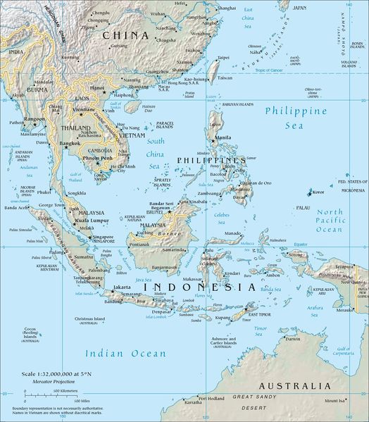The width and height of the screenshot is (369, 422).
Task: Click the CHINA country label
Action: click(126, 35)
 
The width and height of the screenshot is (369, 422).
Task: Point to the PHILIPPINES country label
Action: click(206, 161)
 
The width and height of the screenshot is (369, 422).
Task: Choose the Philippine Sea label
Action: click(295, 117)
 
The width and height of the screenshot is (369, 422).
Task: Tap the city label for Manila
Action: click(225, 137)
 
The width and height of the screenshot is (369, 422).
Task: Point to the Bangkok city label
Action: click(70, 144)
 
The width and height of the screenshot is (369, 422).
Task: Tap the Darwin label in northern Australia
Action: click(293, 339)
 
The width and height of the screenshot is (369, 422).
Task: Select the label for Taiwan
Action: click(223, 78)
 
